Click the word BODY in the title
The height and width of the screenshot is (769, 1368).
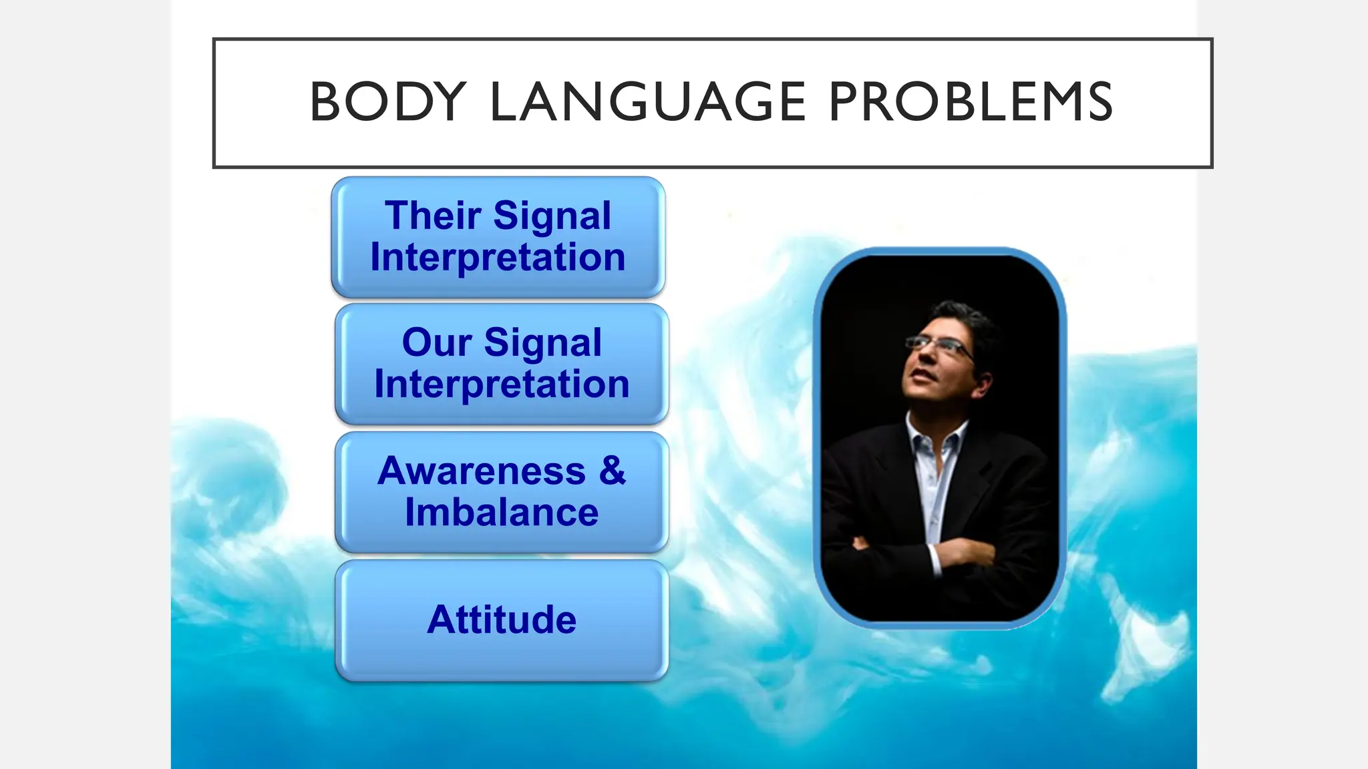coord(387,102)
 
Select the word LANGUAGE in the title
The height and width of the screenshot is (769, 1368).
coord(648,102)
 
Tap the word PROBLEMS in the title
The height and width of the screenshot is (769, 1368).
coord(971,102)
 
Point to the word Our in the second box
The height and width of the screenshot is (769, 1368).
coord(436,342)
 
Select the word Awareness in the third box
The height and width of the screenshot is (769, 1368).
coord(482,471)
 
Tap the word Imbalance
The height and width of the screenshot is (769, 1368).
coord(502,513)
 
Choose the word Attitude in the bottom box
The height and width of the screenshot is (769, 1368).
coord(502,619)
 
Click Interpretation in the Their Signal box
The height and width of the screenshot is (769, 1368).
coord(498,258)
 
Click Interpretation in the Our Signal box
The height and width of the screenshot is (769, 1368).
coord(502,384)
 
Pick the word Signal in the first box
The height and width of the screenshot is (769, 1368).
coord(552,216)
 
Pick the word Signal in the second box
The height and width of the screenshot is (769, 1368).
coord(542,342)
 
